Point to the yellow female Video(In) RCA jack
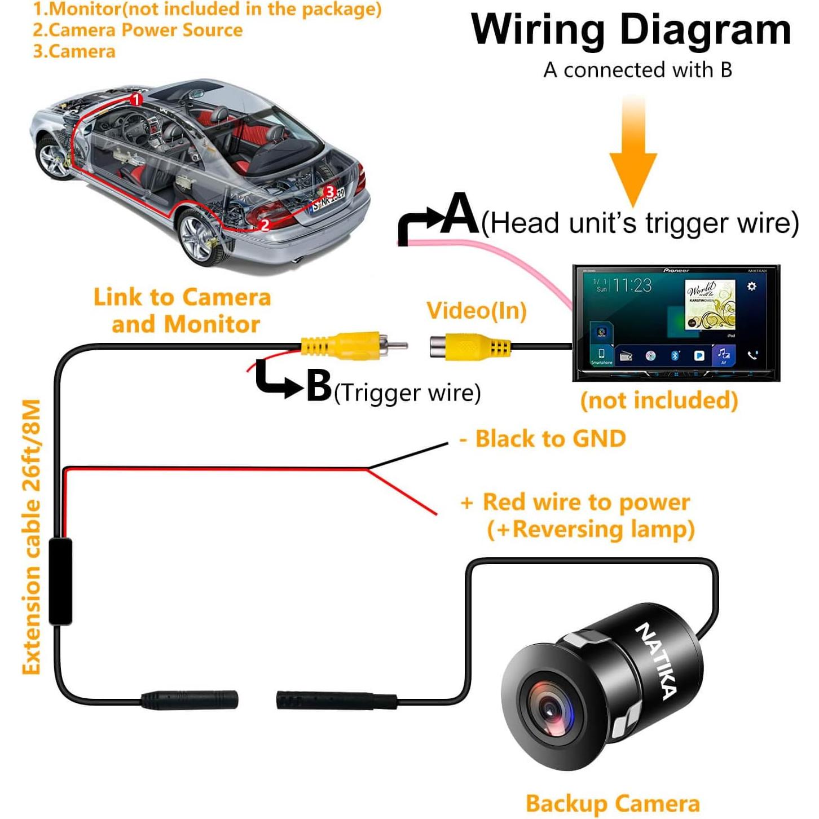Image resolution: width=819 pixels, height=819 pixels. point(463,346)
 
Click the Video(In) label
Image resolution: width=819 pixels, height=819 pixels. point(477,311)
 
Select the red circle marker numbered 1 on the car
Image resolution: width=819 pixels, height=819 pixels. point(136,100)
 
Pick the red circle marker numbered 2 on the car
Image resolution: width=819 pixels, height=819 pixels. point(264,224)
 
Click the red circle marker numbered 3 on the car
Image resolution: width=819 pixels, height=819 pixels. point(330,192)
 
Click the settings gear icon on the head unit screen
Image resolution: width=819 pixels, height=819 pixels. point(751,287)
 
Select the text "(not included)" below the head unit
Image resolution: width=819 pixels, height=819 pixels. point(659,400)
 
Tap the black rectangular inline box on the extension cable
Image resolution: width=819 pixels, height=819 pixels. point(60,581)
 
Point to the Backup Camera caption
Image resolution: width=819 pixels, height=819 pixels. point(613,803)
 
